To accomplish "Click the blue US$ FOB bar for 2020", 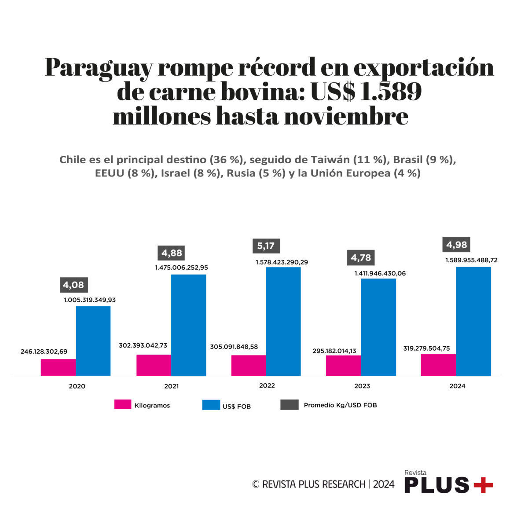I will (x=93, y=341).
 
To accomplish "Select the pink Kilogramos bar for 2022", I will (x=249, y=366).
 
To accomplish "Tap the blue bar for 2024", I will (x=473, y=321).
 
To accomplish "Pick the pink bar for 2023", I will (x=343, y=366).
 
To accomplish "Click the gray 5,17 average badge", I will (x=266, y=246).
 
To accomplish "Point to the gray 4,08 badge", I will (x=73, y=285).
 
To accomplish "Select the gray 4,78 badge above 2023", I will (x=361, y=258).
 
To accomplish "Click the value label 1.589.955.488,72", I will (x=471, y=260).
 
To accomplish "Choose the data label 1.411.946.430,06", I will (x=380, y=273).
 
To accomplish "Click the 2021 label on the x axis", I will (x=171, y=386).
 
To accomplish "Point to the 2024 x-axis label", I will (x=457, y=386).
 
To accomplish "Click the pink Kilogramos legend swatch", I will (x=123, y=404).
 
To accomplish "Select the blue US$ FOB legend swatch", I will (x=211, y=405).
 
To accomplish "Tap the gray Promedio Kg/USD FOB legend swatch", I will (x=289, y=404).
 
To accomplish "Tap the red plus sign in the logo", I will (x=483, y=485).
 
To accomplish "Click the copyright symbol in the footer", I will (x=256, y=484).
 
